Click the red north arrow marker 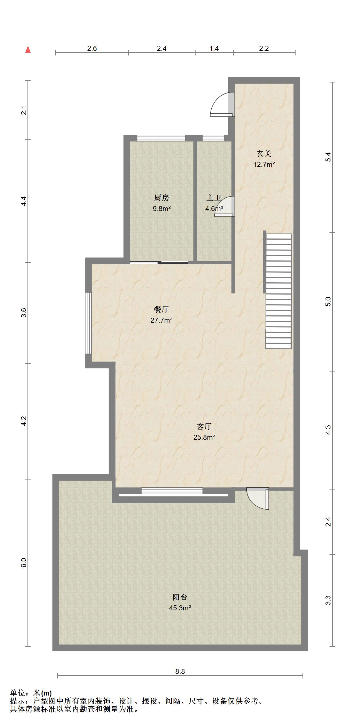point(28,49)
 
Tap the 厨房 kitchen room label point(161,198)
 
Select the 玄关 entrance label point(264,154)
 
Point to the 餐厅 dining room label point(161,310)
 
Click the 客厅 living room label point(204,426)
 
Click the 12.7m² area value point(264,164)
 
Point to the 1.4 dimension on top point(214,49)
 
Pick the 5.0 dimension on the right point(328,302)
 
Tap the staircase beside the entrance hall point(278,291)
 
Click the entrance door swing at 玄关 point(222,105)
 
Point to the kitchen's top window point(161,138)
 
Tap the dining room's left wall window point(89,323)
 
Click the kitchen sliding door point(159,262)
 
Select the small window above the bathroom point(214,138)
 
